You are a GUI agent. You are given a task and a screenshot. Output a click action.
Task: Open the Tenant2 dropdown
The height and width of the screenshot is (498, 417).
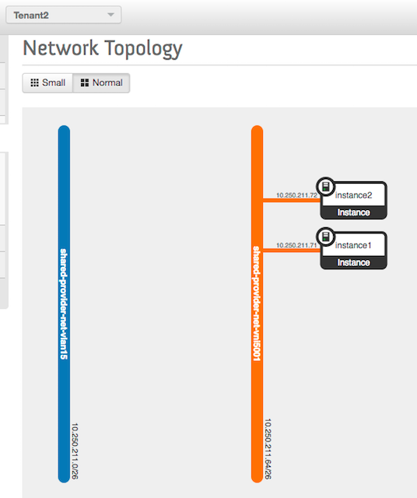coord(64,15)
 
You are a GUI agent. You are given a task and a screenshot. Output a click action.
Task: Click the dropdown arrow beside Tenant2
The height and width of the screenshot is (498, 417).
coord(110,15)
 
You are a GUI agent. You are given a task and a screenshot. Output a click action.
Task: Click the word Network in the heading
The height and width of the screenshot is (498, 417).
coord(61,48)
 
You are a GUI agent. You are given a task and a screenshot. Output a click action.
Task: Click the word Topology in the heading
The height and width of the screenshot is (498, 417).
coord(143,49)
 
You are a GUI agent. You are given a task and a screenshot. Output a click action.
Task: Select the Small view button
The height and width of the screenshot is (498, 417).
coord(47,83)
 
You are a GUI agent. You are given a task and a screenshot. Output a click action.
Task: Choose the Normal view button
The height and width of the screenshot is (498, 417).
coord(101,83)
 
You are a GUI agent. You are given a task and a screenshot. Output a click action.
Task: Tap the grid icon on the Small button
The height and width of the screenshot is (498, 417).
coord(34,83)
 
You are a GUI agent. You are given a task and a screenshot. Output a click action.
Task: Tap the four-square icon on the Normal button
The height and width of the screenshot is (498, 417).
coord(85,83)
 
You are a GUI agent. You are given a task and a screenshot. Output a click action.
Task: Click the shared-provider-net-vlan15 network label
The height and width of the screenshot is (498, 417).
coord(64,304)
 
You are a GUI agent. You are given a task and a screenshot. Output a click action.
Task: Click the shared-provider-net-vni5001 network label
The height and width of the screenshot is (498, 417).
coord(257,303)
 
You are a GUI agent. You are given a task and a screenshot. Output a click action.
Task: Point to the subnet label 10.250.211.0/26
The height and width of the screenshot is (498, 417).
coord(75,451)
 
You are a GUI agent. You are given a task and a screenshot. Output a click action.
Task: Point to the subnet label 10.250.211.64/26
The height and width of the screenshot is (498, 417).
coord(268,448)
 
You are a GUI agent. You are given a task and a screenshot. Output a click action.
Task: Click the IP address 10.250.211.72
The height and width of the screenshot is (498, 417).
coord(296,195)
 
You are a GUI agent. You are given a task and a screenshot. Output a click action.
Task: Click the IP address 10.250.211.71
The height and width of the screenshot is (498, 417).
coord(296,245)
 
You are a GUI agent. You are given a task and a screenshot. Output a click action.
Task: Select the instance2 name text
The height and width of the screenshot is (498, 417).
coord(353,195)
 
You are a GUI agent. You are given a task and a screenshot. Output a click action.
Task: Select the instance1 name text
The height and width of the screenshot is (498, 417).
coord(353,245)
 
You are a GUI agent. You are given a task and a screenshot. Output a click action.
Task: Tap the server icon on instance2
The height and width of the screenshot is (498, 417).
coord(326,187)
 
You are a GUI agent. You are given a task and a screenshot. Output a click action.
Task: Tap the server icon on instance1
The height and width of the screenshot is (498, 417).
coord(326,237)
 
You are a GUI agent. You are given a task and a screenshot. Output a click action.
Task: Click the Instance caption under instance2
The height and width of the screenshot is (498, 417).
coord(353,212)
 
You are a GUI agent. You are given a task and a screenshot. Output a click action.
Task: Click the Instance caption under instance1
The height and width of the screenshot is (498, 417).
coord(353,262)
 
